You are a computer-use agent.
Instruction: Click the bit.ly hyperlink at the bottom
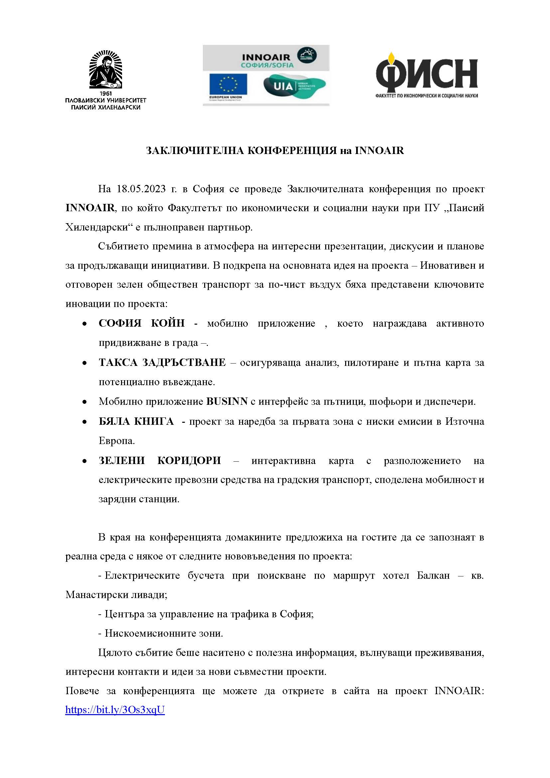[115, 709]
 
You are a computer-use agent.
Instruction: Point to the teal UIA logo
[294, 86]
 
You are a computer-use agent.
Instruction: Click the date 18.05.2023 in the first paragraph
[141, 189]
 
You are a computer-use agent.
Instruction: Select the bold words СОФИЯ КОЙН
[142, 323]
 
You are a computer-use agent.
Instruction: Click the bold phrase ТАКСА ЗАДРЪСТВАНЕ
[162, 363]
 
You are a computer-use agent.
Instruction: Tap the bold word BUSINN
[227, 401]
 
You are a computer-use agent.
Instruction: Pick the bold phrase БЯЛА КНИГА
[136, 421]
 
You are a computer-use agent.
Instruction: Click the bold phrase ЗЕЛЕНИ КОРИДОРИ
[160, 461]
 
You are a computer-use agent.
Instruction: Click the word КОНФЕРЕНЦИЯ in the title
[293, 150]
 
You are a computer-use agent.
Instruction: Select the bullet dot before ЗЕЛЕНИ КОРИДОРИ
[84, 461]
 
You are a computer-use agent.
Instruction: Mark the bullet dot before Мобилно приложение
[84, 402]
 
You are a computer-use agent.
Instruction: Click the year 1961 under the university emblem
[106, 93]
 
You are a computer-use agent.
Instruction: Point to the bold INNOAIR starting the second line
[90, 208]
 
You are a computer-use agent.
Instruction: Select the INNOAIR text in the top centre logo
[266, 57]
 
